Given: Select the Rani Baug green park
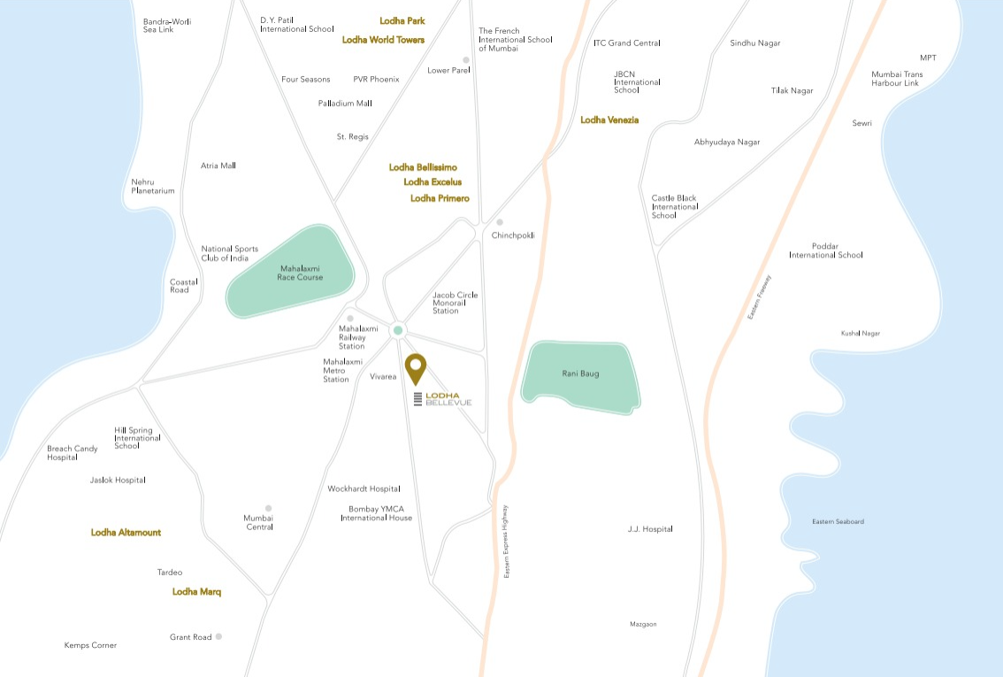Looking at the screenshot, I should click(580, 375).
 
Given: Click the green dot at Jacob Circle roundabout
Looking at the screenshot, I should click(398, 330).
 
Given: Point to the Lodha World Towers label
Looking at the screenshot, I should click(383, 40).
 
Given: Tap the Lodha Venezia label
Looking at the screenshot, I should click(609, 119).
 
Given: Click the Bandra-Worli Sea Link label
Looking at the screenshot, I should click(167, 26).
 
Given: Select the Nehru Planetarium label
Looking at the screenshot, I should click(153, 186).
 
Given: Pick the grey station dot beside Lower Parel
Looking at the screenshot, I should click(466, 60).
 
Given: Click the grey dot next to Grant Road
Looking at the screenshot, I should click(218, 636).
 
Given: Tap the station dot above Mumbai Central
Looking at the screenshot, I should click(268, 509).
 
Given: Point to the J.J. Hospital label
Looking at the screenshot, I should click(650, 529).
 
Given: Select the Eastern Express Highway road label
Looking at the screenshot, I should click(507, 541).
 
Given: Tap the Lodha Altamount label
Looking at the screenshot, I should click(126, 533).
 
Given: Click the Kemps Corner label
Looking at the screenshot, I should click(90, 645).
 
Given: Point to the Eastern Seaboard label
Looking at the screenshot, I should click(838, 522).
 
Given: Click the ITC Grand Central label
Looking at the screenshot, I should click(627, 42).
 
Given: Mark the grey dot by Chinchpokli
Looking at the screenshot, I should click(500, 222).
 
